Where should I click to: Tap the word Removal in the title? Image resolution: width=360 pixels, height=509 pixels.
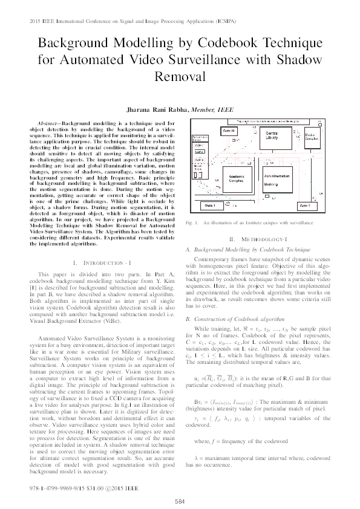pyautogui.click(x=180, y=77)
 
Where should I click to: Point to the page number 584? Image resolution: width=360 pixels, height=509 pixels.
pyautogui.click(x=180, y=501)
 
